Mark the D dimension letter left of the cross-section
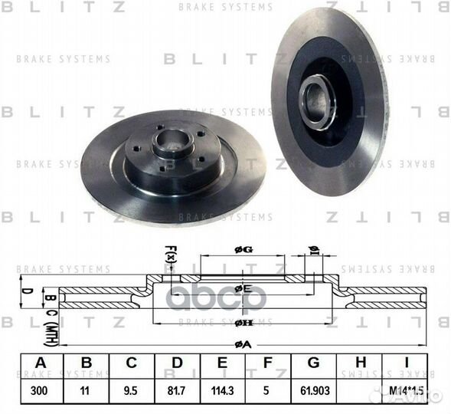coord(25,292)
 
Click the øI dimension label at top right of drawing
coord(313,249)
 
